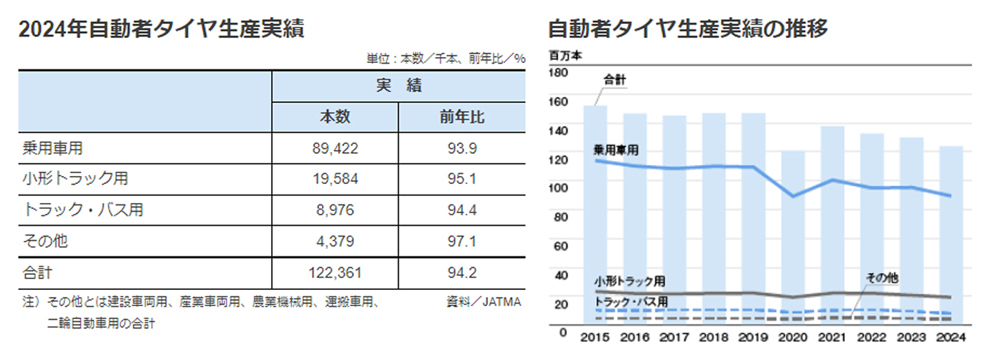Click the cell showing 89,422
(x=335, y=148)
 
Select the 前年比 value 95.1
(x=462, y=179)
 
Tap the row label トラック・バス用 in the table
(x=83, y=210)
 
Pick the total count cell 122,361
(x=335, y=273)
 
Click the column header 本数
(x=335, y=117)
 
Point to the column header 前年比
(x=462, y=117)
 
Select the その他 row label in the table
(x=46, y=241)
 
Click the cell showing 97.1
(x=462, y=241)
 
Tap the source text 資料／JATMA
(x=484, y=301)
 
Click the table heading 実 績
(x=399, y=85)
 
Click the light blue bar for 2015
(x=595, y=219)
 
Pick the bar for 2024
(x=950, y=234)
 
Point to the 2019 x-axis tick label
(x=753, y=337)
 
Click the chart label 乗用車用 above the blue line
(x=616, y=149)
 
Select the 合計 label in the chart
(x=614, y=80)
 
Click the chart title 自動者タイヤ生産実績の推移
(x=687, y=29)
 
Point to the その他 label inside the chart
(x=882, y=278)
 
